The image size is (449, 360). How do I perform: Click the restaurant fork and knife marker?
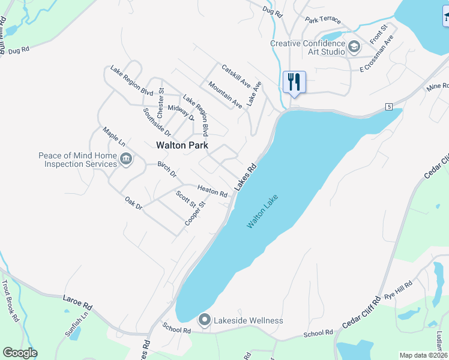tap(294, 82)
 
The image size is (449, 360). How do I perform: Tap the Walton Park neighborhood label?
tap(182, 145)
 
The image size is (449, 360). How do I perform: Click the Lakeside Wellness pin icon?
tap(204, 320)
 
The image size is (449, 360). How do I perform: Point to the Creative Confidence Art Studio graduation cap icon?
tap(354, 46)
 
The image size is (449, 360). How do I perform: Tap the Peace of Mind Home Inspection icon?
tap(126, 159)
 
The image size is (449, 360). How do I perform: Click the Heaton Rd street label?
tap(212, 190)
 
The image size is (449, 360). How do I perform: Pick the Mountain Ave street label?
tap(225, 95)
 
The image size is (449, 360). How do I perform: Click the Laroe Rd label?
tap(79, 302)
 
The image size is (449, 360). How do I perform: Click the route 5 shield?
tap(389, 107)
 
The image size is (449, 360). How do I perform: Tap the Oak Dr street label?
tap(133, 203)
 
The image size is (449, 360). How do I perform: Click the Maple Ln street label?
tap(113, 136)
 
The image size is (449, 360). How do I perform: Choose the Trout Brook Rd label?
tap(10, 304)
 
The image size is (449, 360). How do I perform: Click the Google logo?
tap(20, 353)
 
